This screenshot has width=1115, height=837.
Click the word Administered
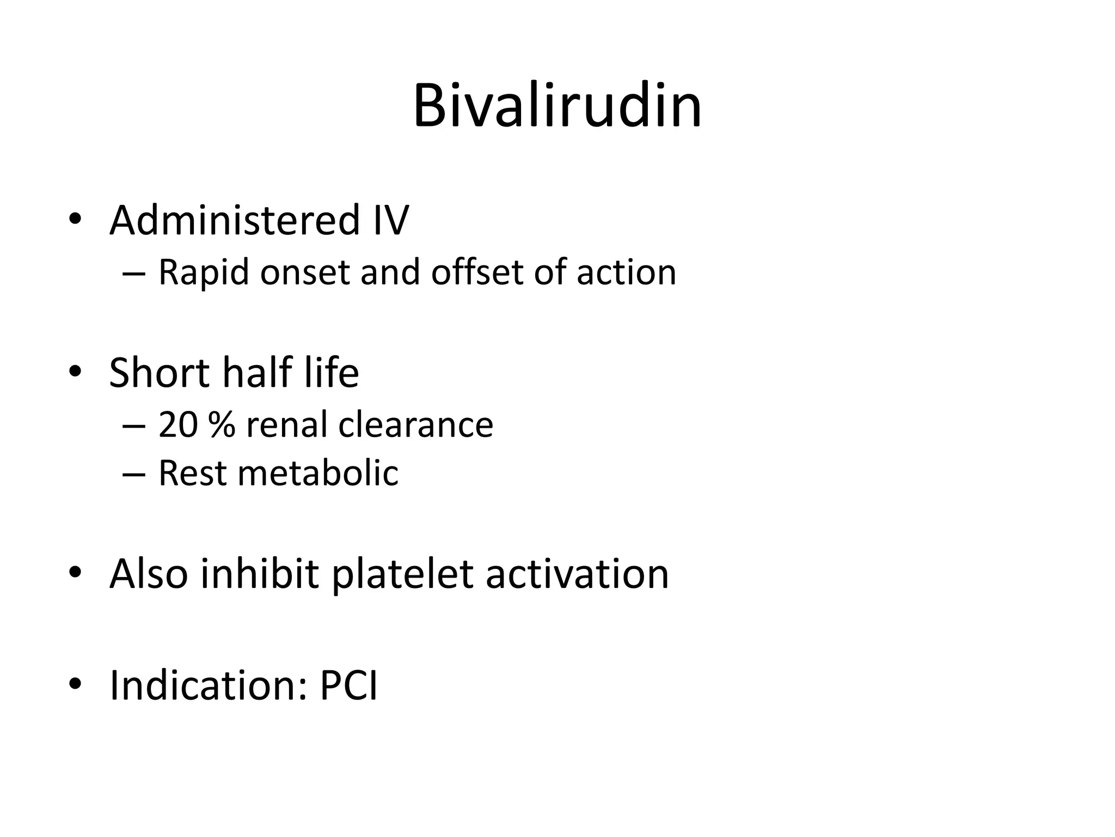click(x=235, y=220)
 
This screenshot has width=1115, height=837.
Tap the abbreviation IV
click(x=390, y=220)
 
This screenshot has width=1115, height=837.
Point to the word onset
click(x=305, y=272)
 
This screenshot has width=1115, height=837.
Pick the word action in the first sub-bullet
click(x=626, y=272)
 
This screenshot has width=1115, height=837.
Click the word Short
click(x=160, y=373)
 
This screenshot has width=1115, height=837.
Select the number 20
click(x=177, y=424)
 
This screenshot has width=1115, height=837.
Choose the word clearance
click(x=415, y=426)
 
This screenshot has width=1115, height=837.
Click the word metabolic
click(x=318, y=472)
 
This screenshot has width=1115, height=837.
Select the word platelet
click(x=402, y=575)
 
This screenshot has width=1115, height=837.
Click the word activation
click(x=577, y=574)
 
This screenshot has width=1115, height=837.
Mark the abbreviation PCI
click(x=348, y=685)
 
